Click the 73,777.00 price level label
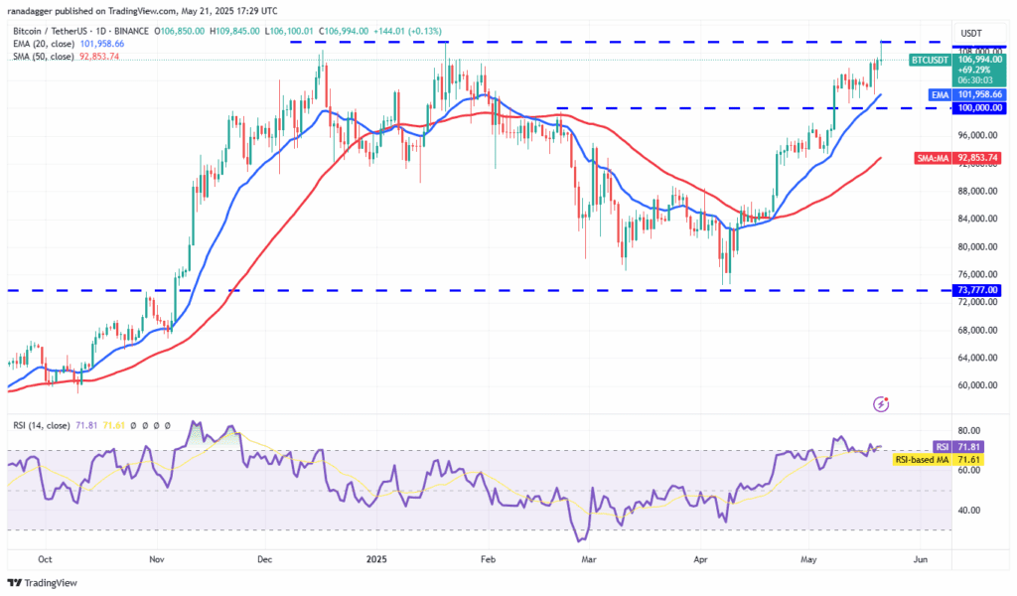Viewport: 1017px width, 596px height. (x=977, y=289)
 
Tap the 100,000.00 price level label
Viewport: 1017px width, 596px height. (x=977, y=107)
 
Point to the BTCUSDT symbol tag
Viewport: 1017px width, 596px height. (x=931, y=60)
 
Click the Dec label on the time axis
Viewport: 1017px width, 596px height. (x=265, y=559)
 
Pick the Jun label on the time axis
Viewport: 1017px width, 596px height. (x=921, y=559)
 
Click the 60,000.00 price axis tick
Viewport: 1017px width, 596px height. (x=977, y=385)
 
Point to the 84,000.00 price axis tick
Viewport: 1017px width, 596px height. (x=977, y=219)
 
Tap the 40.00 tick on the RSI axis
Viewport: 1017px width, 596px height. (x=968, y=510)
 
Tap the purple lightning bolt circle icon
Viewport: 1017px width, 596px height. (x=881, y=404)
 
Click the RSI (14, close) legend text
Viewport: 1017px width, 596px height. (x=42, y=425)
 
